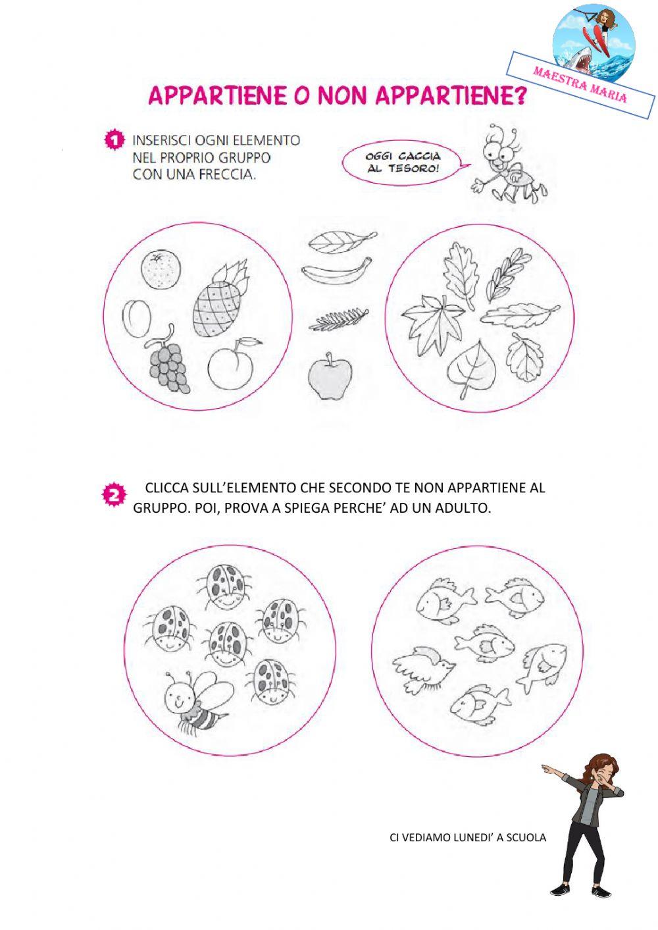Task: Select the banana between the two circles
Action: (x=337, y=271)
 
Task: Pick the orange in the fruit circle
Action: (x=161, y=271)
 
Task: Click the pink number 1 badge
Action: (x=114, y=140)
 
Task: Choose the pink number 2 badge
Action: (x=113, y=496)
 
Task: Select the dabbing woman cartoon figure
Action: (x=587, y=823)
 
